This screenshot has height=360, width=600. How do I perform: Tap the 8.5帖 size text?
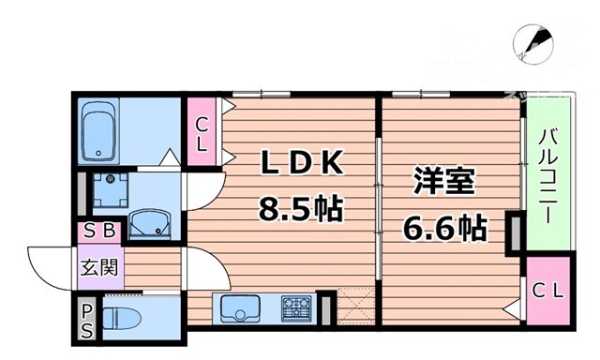[x=299, y=206]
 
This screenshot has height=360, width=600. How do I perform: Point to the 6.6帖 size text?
[x=445, y=227]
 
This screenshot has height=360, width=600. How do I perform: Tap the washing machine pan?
[x=112, y=191]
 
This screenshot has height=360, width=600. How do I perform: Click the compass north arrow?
[x=535, y=41]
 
